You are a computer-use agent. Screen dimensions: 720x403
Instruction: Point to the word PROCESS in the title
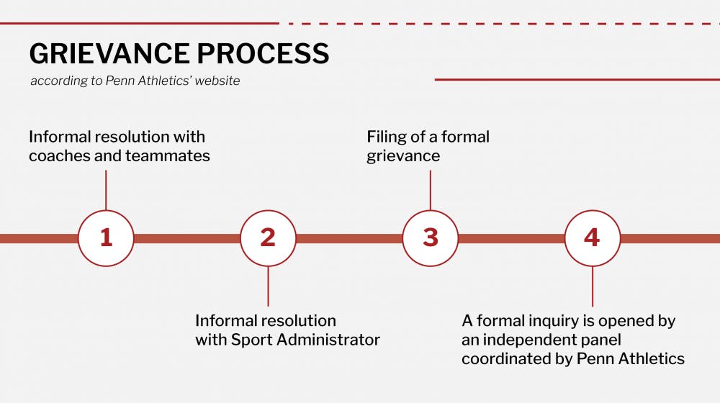point(263,54)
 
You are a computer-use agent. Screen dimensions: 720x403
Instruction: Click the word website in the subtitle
point(217,81)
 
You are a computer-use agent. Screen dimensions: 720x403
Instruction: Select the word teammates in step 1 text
point(168,156)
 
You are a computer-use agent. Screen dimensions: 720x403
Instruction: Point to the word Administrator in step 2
point(328,340)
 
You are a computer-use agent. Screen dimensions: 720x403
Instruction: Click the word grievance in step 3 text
point(403,156)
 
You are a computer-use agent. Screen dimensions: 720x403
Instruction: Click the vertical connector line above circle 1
point(106,190)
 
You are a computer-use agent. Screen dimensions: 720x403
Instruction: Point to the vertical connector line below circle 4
point(593,286)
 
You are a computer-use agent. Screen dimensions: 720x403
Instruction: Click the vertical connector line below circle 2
point(268,286)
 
